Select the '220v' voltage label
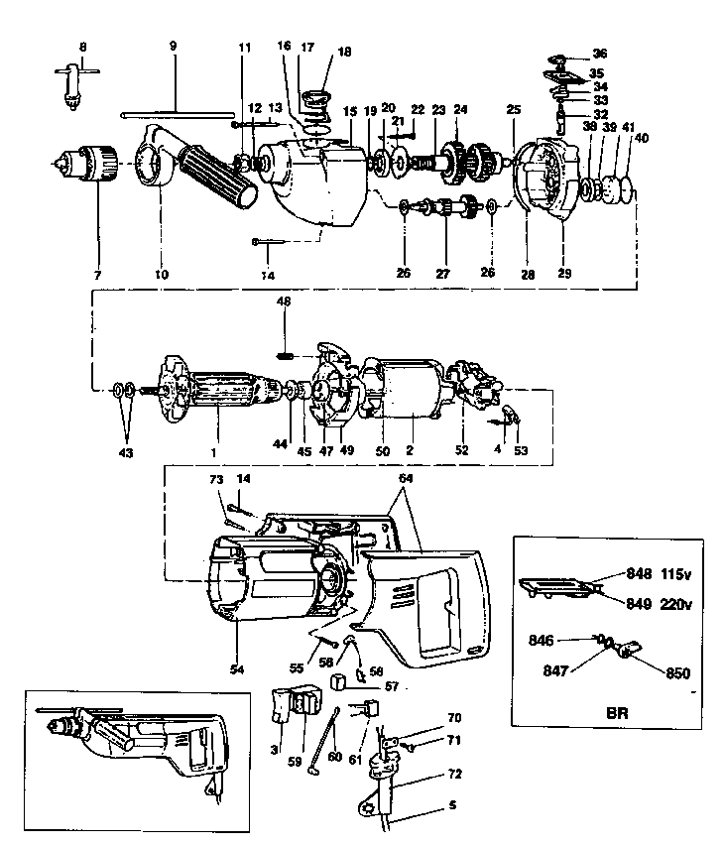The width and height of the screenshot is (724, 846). [674, 601]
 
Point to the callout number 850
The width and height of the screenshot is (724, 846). [677, 672]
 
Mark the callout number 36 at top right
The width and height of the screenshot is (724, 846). [600, 53]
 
